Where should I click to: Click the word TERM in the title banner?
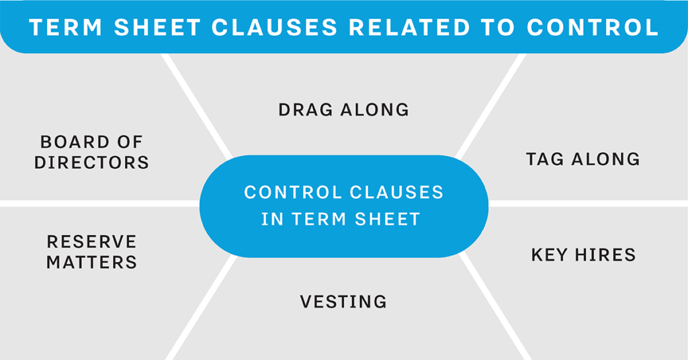click(66, 27)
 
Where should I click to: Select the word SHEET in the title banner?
click(157, 27)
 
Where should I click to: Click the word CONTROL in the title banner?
click(593, 27)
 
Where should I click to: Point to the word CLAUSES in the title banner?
click(275, 27)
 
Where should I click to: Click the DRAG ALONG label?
click(343, 109)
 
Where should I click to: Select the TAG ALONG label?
click(583, 159)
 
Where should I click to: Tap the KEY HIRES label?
click(584, 255)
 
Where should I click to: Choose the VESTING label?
click(343, 302)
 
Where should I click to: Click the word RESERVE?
click(91, 242)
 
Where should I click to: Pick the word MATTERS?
click(91, 262)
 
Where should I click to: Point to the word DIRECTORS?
click(91, 163)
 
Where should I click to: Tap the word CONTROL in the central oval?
click(294, 193)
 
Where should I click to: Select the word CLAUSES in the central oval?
click(397, 193)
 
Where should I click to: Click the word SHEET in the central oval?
click(388, 219)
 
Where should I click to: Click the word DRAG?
click(306, 109)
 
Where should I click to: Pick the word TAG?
click(545, 159)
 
